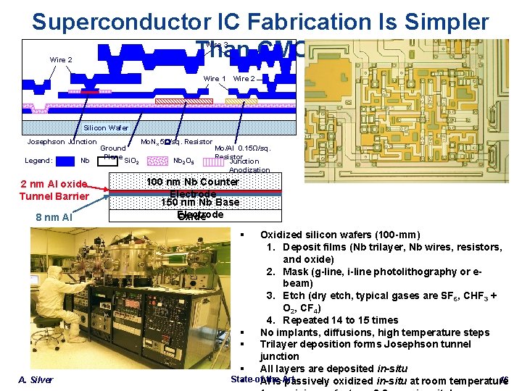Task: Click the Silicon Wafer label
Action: [x=105, y=127]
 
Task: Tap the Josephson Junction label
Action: [x=61, y=142]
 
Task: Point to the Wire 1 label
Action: [x=215, y=78]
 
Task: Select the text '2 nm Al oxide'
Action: [x=54, y=184]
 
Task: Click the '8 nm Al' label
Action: [x=54, y=217]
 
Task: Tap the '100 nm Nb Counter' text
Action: [x=193, y=182]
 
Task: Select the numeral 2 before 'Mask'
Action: [x=269, y=272]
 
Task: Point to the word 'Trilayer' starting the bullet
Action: [x=280, y=345]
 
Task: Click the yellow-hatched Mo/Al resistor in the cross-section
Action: [x=241, y=101]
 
